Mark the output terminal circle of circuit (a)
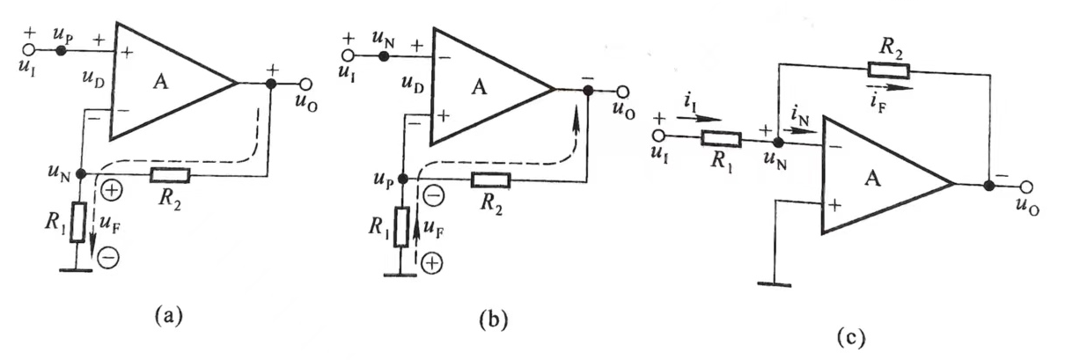pyautogui.click(x=305, y=84)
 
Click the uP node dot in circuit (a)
pyautogui.click(x=61, y=51)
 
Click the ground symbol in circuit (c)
pyautogui.click(x=775, y=282)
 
